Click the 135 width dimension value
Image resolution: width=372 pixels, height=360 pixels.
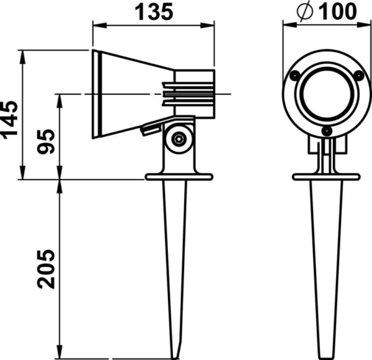click(x=154, y=12)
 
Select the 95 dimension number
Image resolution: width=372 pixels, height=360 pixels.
click(x=46, y=141)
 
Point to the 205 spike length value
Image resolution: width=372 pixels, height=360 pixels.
click(x=46, y=269)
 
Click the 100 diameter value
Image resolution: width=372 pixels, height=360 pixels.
click(x=337, y=11)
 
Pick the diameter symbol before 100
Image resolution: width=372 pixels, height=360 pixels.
click(x=305, y=11)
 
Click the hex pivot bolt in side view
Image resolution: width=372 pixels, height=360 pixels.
click(x=178, y=139)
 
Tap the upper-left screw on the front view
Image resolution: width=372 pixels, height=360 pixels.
click(x=296, y=76)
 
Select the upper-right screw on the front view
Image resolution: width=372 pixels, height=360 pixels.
click(x=358, y=76)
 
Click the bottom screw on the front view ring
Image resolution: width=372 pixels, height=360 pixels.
click(x=327, y=131)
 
